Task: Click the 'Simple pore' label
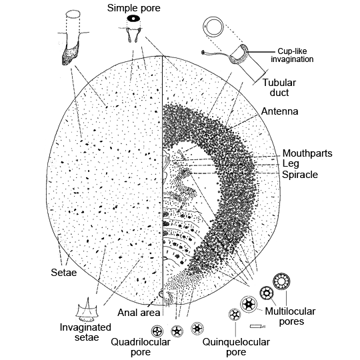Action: pos(133,8)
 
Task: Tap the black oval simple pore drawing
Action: pos(133,19)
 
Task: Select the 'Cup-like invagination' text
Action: pos(292,55)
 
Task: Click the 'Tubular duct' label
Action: pos(279,88)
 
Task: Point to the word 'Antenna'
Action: pos(279,111)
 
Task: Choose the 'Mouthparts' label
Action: pos(307,153)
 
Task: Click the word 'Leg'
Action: pos(291,164)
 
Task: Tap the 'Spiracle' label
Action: pos(300,175)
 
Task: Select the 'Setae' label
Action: pos(64,273)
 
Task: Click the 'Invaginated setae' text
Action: pos(85,332)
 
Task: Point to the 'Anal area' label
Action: pos(139,313)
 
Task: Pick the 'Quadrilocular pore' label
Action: pos(141,347)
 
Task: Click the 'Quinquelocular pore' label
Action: pos(236,347)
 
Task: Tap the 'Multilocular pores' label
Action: pos(290,317)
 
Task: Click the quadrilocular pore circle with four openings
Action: pos(157,331)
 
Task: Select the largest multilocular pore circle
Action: pos(281,281)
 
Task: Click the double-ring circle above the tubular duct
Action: pos(213,27)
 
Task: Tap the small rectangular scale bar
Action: pos(256,326)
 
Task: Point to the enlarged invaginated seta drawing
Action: pos(87,310)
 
